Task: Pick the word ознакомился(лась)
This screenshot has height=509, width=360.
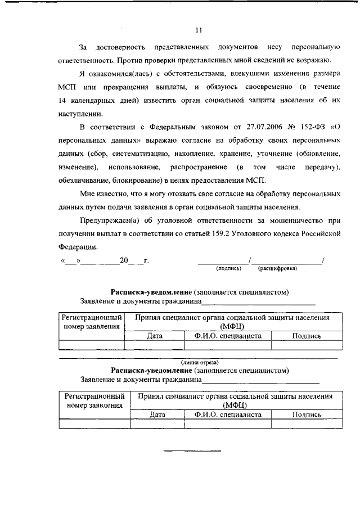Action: (114, 74)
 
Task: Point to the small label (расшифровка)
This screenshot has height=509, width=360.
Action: (277, 269)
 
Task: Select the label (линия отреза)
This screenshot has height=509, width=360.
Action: (200, 362)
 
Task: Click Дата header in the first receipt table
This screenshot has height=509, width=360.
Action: (154, 336)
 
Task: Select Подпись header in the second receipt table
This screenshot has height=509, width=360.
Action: (307, 415)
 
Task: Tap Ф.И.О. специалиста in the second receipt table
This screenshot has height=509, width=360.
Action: (228, 415)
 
